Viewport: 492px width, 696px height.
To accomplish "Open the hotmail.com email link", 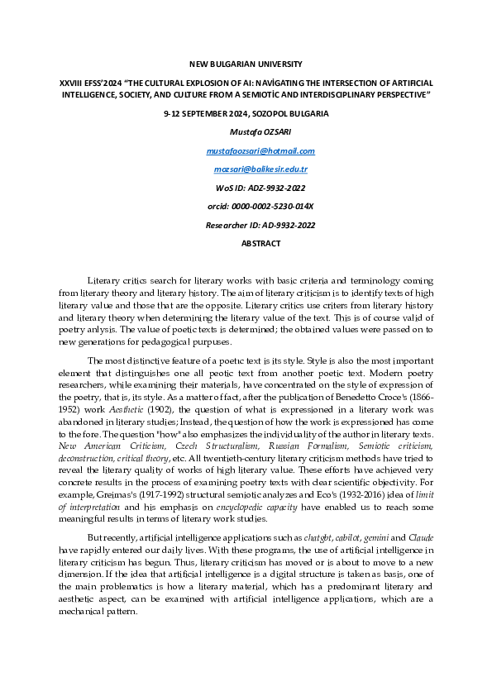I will pyautogui.click(x=260, y=150).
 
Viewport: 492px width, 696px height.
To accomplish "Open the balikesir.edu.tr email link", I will pyautogui.click(x=260, y=169).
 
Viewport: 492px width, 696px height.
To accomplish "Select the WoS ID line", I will pyautogui.click(x=260, y=188).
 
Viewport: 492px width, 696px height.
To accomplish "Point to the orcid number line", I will pyautogui.click(x=260, y=206).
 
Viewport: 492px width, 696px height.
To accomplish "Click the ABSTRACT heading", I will pyautogui.click(x=260, y=243).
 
